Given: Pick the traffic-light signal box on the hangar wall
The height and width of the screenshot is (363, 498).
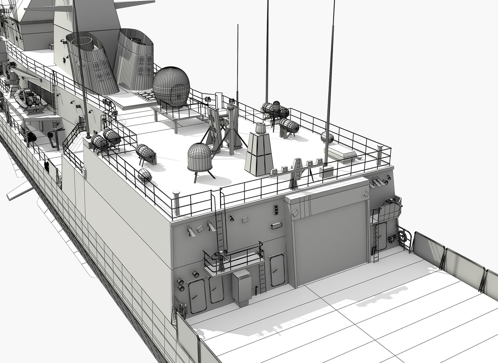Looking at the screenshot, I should pos(276,210).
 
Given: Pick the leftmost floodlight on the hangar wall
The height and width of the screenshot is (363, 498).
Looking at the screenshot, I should pos(191,231).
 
